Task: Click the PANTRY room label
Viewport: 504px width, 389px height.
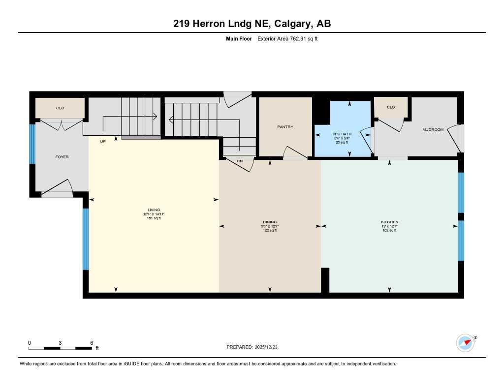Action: coord(285,127)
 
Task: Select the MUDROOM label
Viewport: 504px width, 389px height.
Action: coord(433,130)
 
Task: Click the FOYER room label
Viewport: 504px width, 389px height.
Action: coord(62,157)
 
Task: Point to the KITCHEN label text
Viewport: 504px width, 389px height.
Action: coord(389,222)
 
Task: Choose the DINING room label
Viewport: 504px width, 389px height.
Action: coord(270,222)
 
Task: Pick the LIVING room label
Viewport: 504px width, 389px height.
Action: coord(154,210)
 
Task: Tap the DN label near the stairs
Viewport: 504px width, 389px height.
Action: coord(240,161)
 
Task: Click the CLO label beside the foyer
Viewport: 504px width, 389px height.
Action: coord(60,108)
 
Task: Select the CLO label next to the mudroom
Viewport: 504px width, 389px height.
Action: coord(391,107)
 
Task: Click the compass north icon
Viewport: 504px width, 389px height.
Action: coord(465,342)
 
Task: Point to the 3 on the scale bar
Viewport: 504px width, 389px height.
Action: coord(60,342)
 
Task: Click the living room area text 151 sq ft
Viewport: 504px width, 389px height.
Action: coord(154,218)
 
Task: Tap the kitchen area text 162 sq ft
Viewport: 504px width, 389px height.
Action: coord(389,230)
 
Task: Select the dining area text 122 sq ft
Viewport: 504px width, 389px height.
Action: coord(270,230)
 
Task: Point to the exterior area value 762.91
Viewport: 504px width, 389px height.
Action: coord(297,38)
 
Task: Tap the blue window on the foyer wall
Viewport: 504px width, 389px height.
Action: coord(32,144)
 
